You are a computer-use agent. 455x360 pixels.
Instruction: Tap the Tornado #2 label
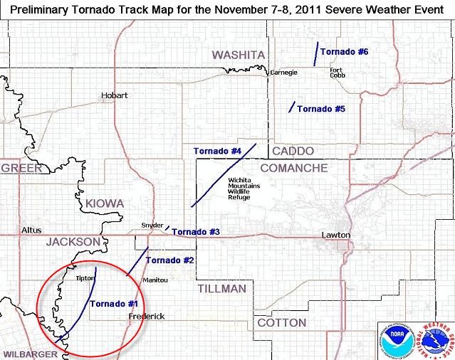169,260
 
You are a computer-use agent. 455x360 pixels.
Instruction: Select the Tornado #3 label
196,232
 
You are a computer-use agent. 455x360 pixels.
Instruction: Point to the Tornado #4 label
217,151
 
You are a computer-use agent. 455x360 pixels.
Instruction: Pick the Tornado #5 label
321,109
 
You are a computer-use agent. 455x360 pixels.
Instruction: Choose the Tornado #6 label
344,52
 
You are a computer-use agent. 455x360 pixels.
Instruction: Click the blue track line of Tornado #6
315,54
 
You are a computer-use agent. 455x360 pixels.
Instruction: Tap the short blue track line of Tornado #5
291,107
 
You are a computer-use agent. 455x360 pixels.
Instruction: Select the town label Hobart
114,95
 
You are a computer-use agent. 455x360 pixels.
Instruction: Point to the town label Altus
32,231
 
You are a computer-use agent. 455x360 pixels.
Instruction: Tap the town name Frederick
147,316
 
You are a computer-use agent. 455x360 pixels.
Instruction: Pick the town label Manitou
155,280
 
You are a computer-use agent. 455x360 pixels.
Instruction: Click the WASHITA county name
239,55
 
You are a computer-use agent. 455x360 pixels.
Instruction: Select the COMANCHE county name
293,168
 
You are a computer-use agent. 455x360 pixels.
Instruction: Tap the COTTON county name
281,322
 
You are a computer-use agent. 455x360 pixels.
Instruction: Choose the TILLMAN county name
221,289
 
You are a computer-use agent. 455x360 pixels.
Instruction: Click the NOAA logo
397,339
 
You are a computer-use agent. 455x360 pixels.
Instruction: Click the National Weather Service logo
434,339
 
